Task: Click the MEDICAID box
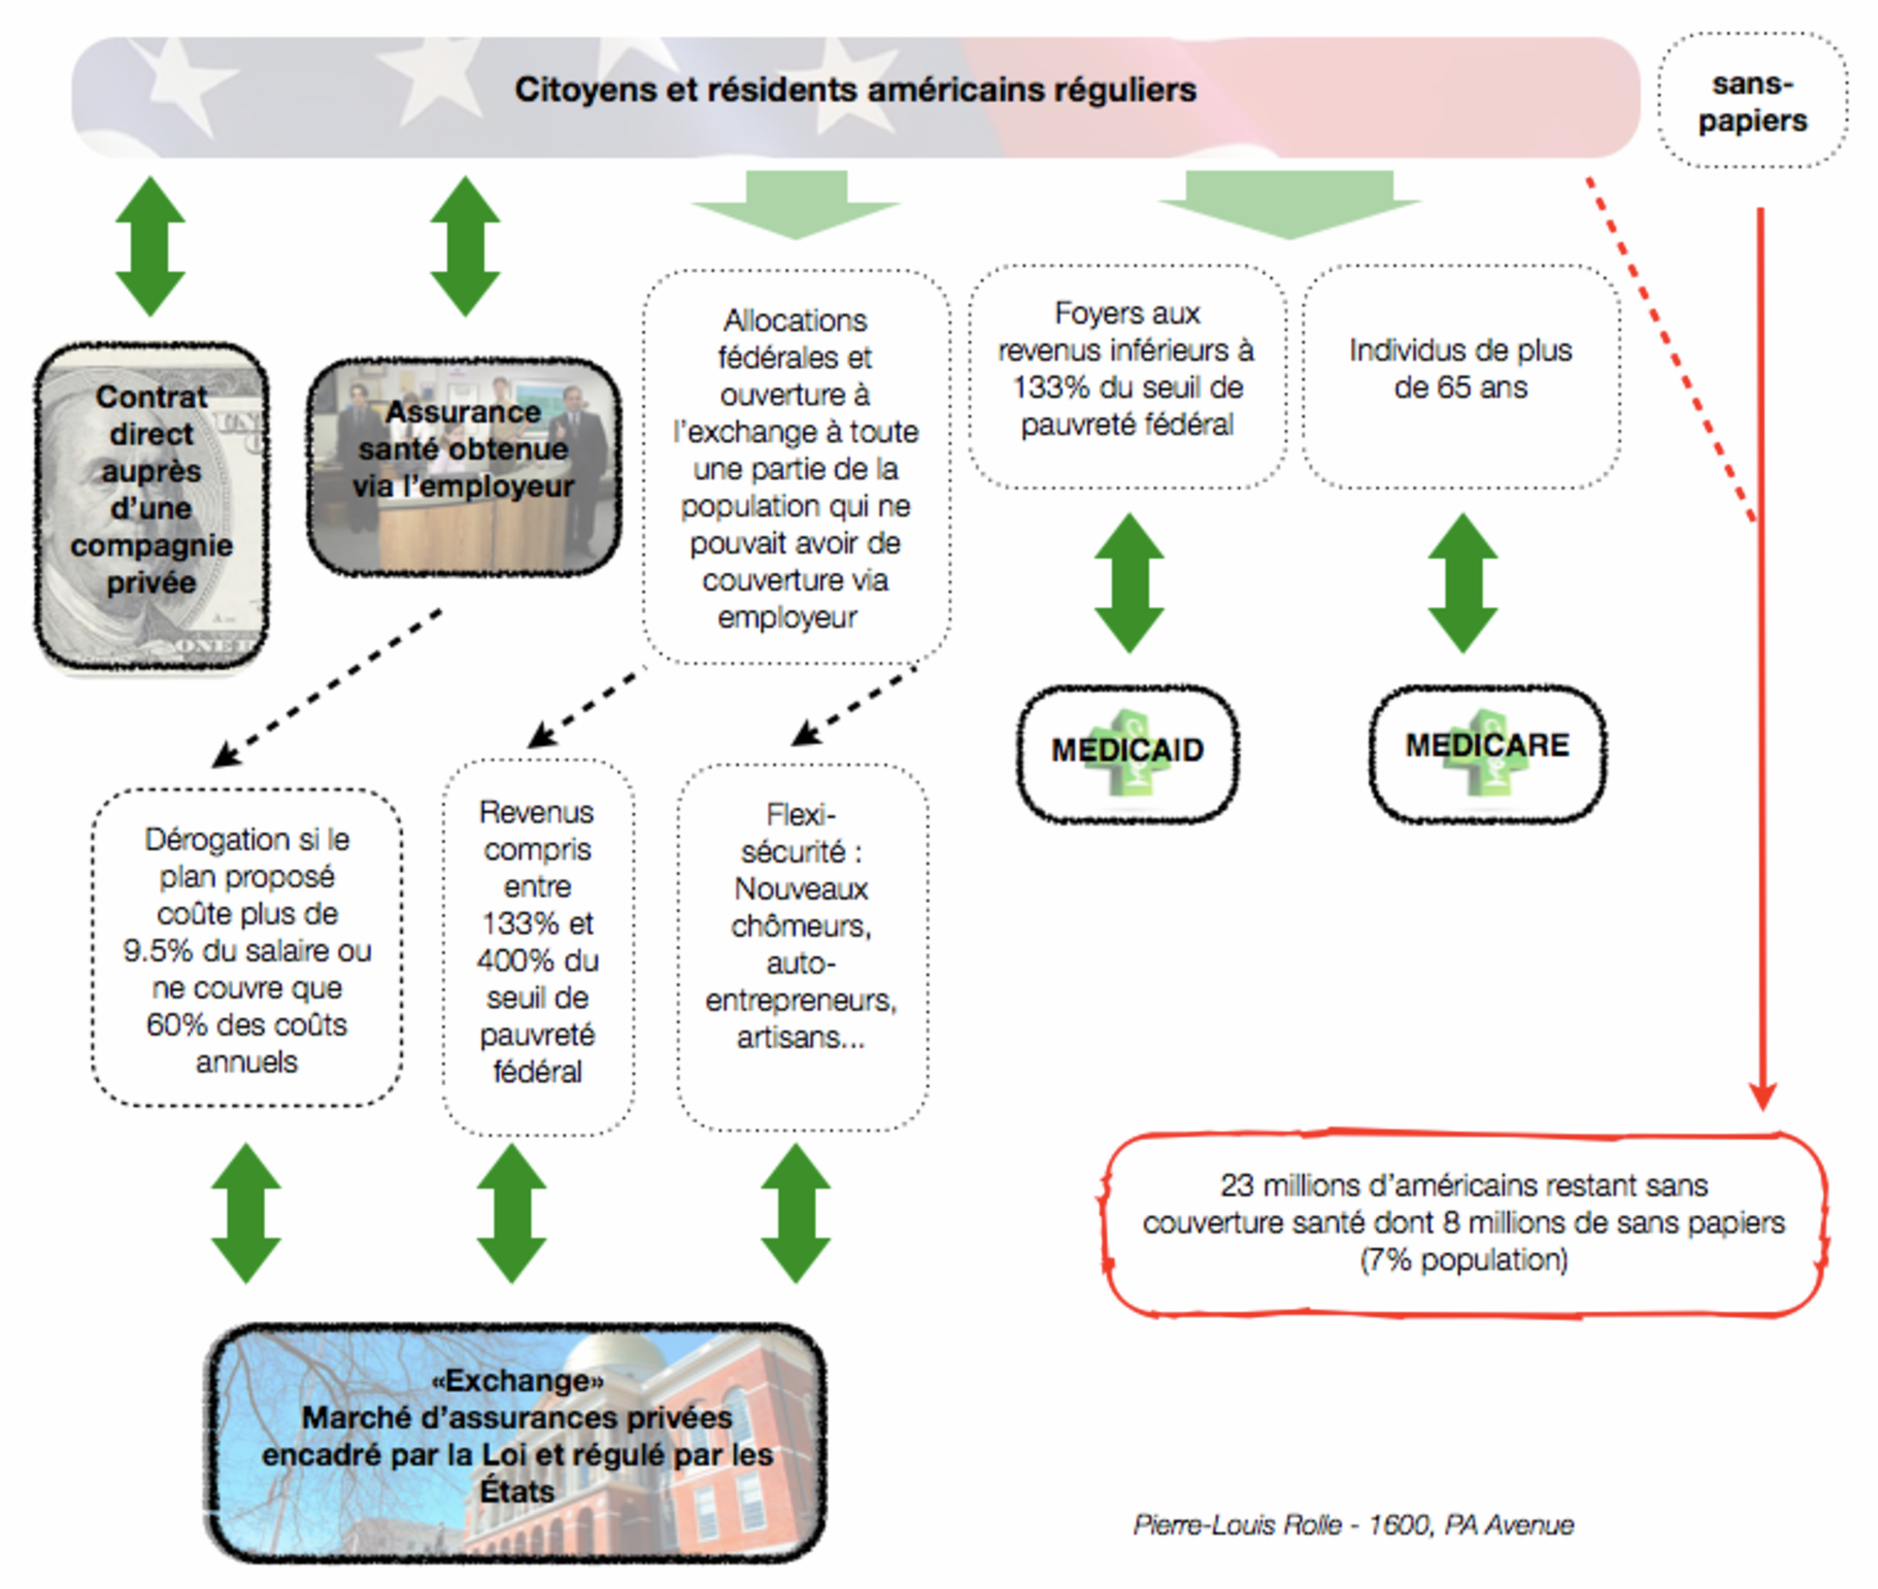(1128, 754)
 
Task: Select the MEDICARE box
(1487, 753)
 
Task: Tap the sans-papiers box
(1753, 101)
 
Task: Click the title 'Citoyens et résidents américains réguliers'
(855, 90)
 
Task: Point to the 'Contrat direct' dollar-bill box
(151, 506)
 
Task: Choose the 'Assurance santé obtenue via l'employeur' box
(464, 466)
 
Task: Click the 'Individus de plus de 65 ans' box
(1461, 377)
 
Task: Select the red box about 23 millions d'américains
(1464, 1224)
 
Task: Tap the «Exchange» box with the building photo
(516, 1442)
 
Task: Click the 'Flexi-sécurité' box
(802, 947)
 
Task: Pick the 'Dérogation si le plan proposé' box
(247, 949)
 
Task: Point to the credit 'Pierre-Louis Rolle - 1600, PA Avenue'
(1354, 1524)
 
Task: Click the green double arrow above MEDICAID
(1129, 583)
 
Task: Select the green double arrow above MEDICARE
(1463, 583)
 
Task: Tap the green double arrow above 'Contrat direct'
(150, 246)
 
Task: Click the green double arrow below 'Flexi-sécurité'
(796, 1213)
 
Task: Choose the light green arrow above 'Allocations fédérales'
(796, 204)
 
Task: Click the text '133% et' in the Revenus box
(538, 923)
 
